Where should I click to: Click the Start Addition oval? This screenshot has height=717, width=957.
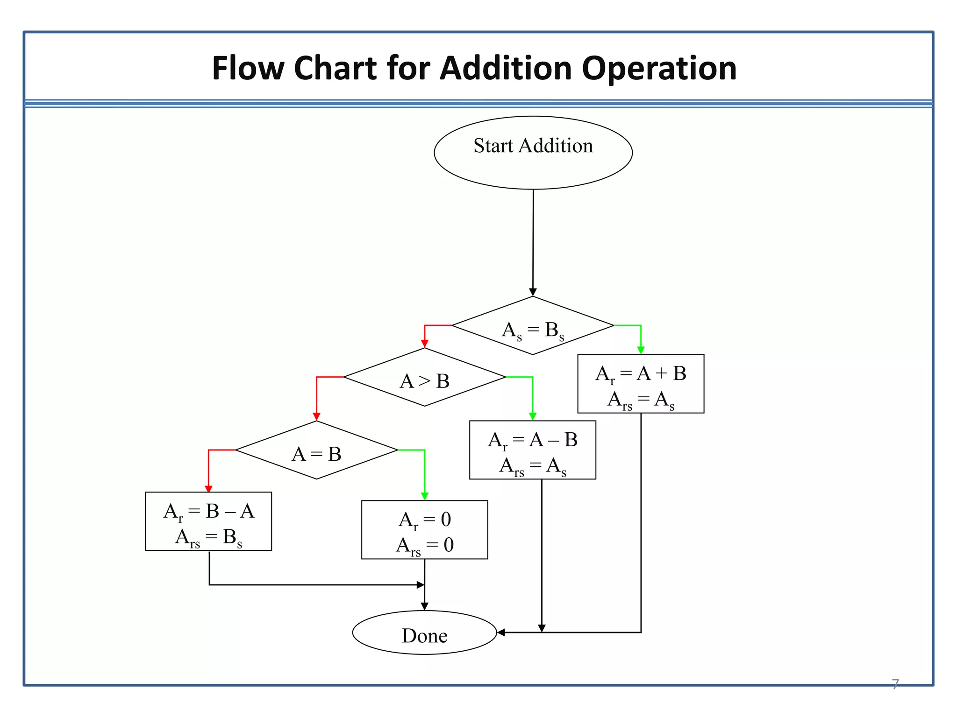coord(533,153)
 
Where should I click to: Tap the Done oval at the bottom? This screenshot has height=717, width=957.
coord(424,633)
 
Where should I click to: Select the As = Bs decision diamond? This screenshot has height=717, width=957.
coord(533,326)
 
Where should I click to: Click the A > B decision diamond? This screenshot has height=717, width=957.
coord(424,377)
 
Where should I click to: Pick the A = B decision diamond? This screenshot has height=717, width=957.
coord(316,450)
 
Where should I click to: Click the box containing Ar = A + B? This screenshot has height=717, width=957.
coord(641,384)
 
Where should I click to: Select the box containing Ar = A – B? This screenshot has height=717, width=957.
coord(532,450)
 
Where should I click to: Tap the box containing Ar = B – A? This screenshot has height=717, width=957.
coord(208,521)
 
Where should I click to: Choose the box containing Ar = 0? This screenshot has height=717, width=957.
coord(424,530)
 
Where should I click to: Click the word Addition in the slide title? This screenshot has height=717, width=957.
coord(506,69)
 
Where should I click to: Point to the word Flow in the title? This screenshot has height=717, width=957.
coord(248,69)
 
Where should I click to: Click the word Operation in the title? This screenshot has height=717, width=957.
coord(659,69)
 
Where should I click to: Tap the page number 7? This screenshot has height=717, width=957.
coord(895,684)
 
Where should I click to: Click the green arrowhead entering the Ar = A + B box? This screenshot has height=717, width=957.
coord(641,351)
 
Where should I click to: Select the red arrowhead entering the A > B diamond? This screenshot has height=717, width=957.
coord(424,344)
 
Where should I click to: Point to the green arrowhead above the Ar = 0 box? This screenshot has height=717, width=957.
coord(424,496)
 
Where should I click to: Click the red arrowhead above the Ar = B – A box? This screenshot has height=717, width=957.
coord(208,488)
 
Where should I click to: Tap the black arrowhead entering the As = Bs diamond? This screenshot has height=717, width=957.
coord(533,292)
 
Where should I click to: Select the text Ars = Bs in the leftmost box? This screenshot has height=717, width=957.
coord(208,537)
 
